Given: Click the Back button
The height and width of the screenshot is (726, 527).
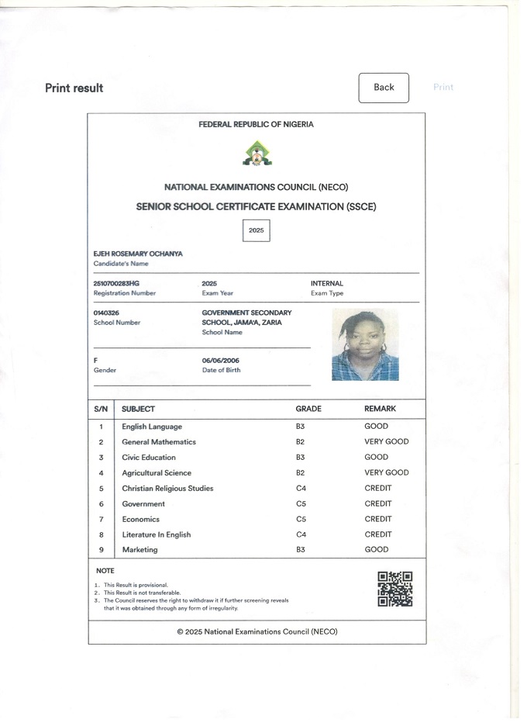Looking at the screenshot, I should point(384,88).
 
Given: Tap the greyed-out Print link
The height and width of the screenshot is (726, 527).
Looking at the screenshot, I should point(443,88).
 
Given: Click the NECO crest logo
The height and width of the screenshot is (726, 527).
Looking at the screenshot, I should point(257,154).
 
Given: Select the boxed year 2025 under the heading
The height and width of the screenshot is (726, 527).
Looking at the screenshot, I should point(257,230).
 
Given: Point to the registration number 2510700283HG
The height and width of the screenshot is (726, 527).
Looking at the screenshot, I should point(116,284).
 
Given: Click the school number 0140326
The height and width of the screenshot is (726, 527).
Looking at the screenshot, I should point(106,313).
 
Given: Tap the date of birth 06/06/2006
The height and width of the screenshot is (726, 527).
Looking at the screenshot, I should point(221,361).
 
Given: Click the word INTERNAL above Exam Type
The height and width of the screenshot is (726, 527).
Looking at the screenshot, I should point(326,284).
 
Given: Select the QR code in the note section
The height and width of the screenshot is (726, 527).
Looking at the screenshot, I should point(394,589).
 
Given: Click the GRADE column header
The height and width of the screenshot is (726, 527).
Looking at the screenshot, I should point(308,409).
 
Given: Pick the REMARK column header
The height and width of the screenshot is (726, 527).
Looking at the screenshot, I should point(380,409).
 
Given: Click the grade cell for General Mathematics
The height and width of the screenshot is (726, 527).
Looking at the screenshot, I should point(300,442).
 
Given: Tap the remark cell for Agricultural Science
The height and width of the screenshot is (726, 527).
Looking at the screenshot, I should point(386,473).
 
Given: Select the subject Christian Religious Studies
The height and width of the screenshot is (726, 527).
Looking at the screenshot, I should point(167,489).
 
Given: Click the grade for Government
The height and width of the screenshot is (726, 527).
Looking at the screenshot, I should point(301,504).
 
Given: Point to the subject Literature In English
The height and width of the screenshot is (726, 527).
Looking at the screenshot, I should point(156,535).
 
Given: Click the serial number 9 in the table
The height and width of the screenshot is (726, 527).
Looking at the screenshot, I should point(101,550).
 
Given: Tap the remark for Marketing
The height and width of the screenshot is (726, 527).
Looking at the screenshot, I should point(376,550).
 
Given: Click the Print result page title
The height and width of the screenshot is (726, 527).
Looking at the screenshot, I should point(74,88).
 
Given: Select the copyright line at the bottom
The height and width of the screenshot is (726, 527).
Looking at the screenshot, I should point(257,632).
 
